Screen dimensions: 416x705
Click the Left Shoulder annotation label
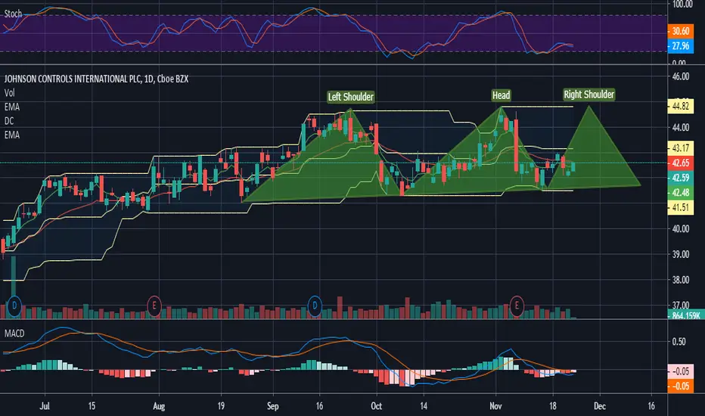pyautogui.click(x=350, y=97)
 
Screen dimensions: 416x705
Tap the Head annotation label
pyautogui.click(x=501, y=95)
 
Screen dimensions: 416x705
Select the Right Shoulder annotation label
pyautogui.click(x=589, y=95)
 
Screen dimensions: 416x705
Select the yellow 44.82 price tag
pyautogui.click(x=681, y=107)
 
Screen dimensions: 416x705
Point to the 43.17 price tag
pyautogui.click(x=681, y=148)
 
